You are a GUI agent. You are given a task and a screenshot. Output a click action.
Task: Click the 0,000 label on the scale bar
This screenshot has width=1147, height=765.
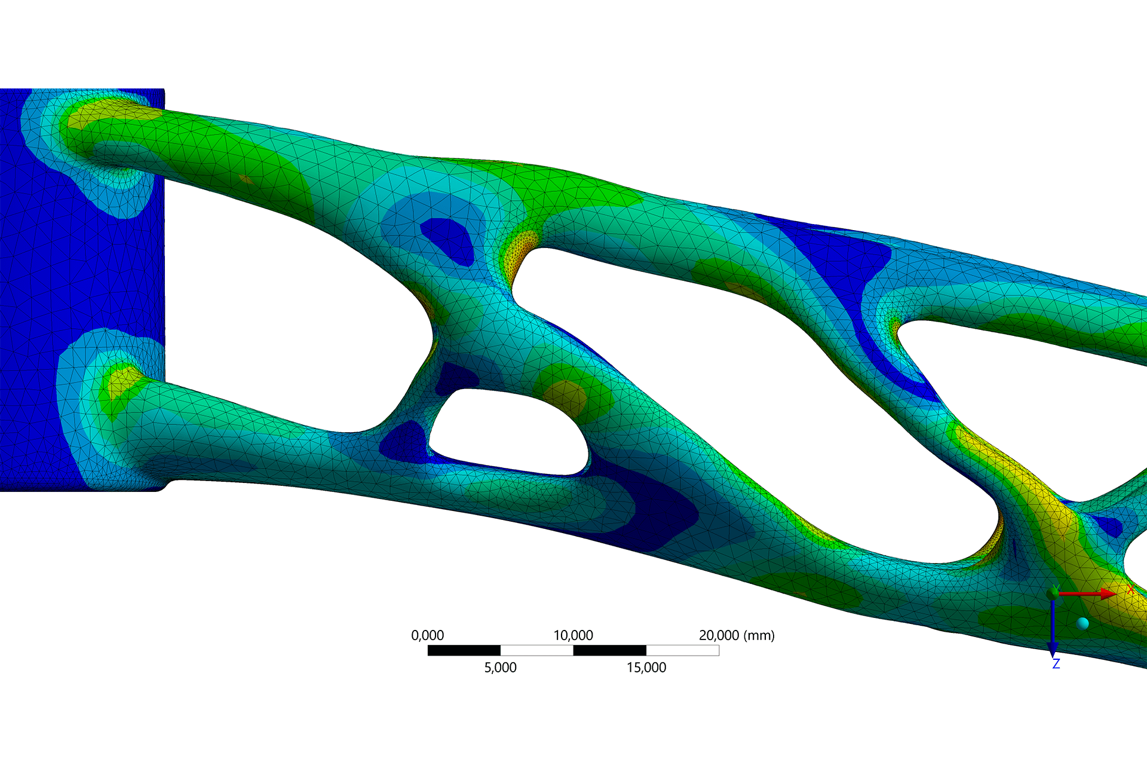tap(427, 635)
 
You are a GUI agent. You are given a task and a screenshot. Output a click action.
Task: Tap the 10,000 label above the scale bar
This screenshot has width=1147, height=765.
tap(573, 635)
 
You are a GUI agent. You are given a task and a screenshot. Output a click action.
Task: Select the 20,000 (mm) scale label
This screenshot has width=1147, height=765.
tap(737, 635)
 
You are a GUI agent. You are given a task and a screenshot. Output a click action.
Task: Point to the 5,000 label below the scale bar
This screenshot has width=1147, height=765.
tap(500, 668)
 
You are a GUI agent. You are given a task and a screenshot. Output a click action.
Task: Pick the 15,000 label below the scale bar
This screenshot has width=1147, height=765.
tap(646, 668)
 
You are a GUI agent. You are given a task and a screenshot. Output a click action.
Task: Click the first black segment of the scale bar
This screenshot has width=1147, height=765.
tap(464, 650)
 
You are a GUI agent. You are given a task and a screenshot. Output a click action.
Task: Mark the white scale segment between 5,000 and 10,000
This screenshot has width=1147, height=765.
tap(536, 650)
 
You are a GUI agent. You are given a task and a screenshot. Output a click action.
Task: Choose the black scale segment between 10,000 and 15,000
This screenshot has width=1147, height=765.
tap(609, 650)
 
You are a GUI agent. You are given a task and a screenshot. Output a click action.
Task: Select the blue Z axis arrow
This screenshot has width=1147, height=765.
tap(1053, 628)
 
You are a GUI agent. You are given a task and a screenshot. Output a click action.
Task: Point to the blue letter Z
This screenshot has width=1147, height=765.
tap(1056, 664)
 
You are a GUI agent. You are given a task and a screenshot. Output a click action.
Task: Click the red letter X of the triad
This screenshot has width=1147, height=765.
tap(1131, 589)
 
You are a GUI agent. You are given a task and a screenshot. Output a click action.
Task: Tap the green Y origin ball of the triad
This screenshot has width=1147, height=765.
tap(1053, 593)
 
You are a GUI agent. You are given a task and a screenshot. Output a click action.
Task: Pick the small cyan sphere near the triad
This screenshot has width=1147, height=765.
tap(1082, 624)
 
